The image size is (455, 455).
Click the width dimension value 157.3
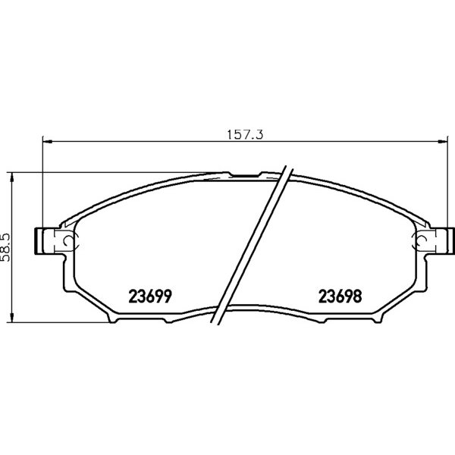(x=245, y=135)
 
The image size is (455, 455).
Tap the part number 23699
(x=150, y=297)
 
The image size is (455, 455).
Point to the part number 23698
(x=340, y=297)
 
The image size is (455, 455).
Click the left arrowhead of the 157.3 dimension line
(x=47, y=142)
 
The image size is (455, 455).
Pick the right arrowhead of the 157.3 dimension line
(x=443, y=142)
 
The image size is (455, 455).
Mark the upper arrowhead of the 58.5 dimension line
(x=11, y=177)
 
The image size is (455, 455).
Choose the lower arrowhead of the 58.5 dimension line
(x=11, y=317)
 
